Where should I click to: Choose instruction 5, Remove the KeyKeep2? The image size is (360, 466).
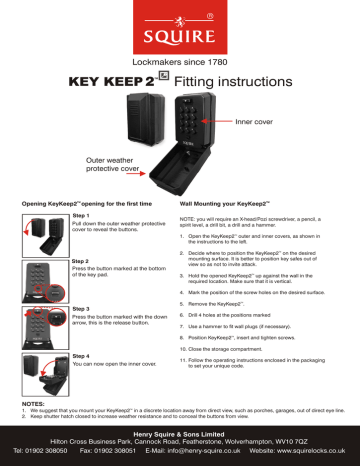pyautogui.click(x=231, y=301)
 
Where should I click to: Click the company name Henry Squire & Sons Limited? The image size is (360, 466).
pyautogui.click(x=180, y=431)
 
